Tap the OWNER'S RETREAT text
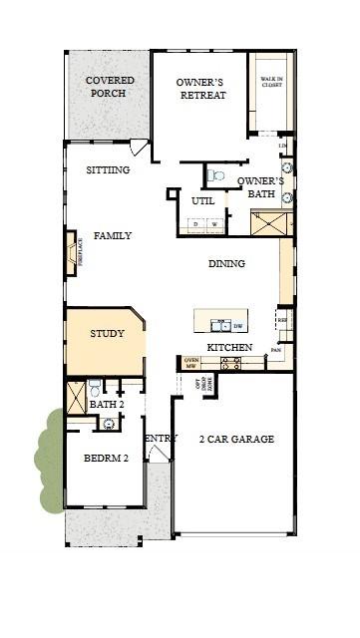200,89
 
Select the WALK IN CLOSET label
271,83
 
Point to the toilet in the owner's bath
215,175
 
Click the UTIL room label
202,200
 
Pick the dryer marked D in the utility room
197,225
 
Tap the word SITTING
108,170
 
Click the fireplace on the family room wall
71,253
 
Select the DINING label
226,264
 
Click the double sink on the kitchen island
216,325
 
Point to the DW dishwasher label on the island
237,325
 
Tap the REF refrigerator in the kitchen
283,321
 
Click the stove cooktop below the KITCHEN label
230,365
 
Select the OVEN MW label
191,364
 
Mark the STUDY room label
107,334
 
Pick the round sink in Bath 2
109,424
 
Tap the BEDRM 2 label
106,459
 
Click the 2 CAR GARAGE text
236,439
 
